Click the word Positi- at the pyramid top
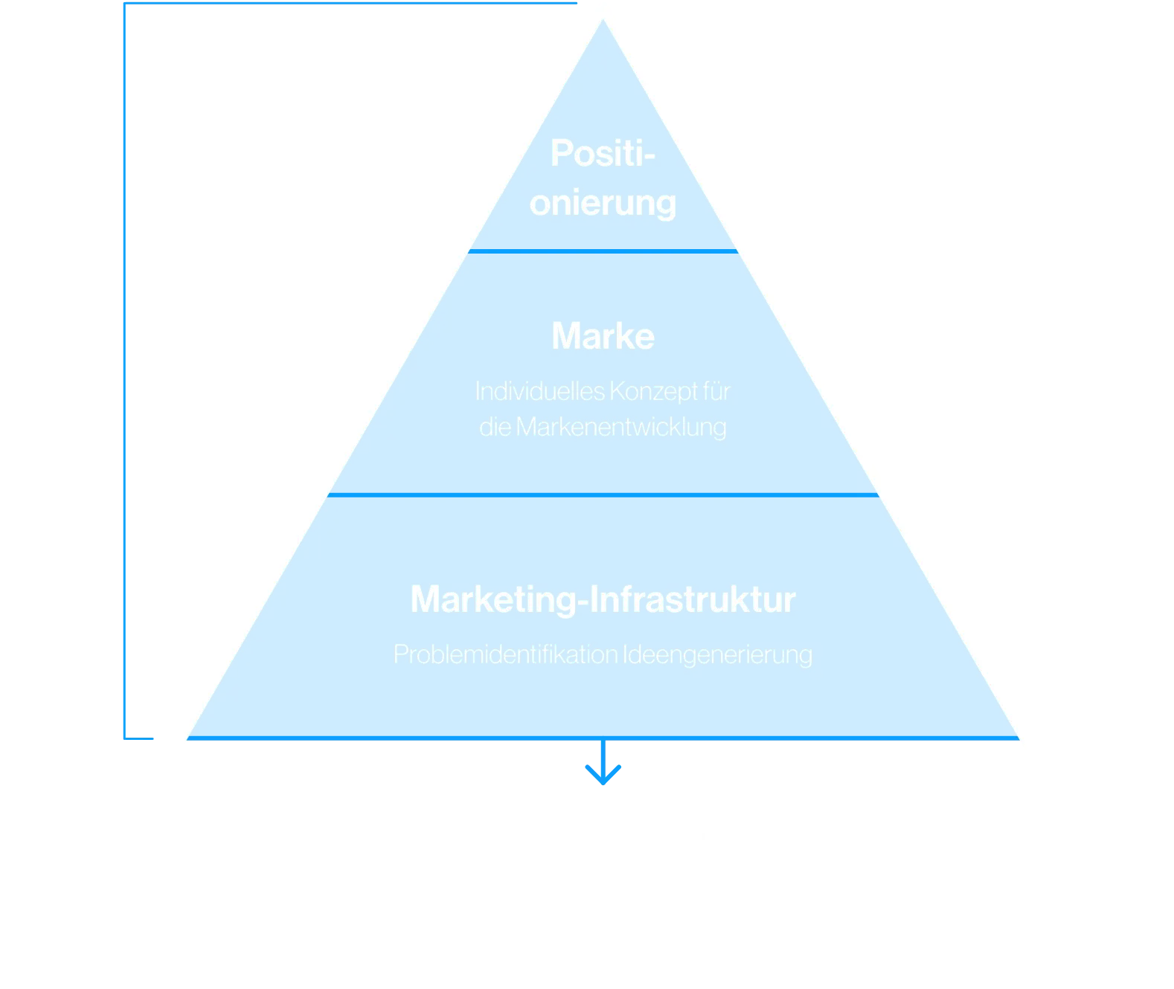603,154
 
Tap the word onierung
603,203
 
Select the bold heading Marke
603,336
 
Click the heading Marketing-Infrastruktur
603,599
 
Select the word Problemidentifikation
505,654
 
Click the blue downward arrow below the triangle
603,766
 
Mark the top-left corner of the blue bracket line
124,4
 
